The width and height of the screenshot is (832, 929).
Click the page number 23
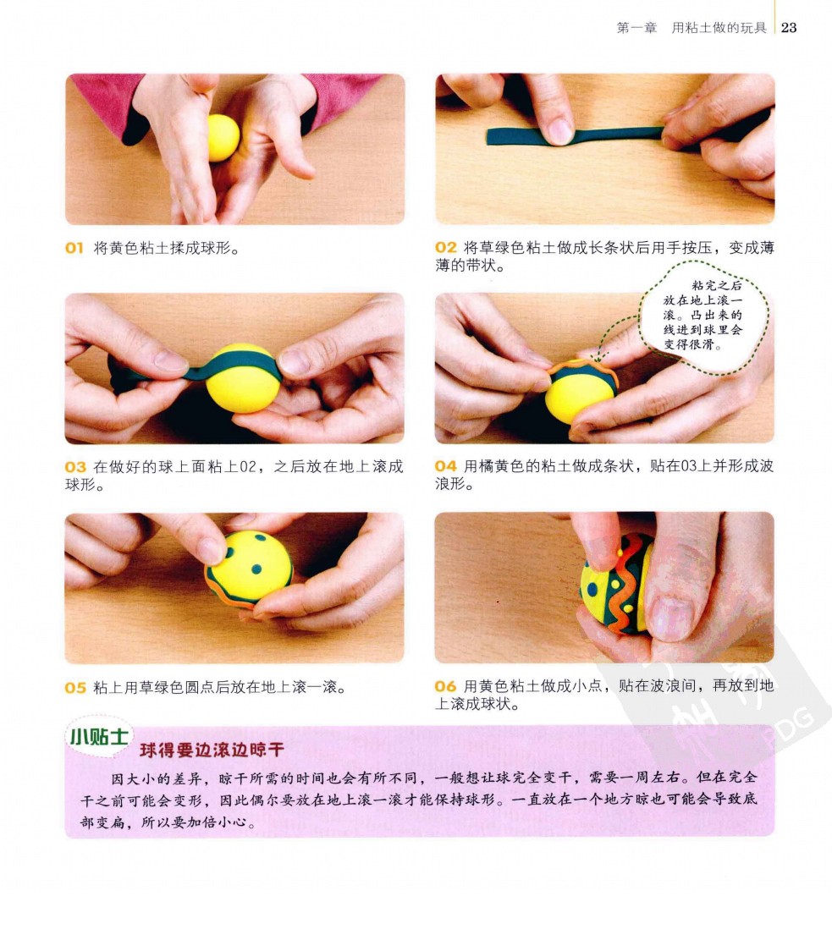(x=789, y=27)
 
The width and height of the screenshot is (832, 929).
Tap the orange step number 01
(x=74, y=248)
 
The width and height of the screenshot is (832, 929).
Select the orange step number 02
(x=446, y=247)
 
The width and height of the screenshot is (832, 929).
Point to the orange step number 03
(x=75, y=467)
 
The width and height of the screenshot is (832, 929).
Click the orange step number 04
(x=446, y=466)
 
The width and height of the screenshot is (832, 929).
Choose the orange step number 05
(x=75, y=687)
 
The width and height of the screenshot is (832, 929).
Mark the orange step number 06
(x=446, y=686)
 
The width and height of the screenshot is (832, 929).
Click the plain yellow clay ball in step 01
(x=223, y=137)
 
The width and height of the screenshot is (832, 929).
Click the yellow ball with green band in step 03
(x=242, y=378)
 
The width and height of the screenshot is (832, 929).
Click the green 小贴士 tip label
(x=98, y=737)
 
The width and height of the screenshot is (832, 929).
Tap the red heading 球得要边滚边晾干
(x=212, y=750)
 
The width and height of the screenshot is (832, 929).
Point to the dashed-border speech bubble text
(x=703, y=315)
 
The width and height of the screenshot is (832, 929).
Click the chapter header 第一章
(x=636, y=28)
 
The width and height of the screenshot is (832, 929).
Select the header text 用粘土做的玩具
(x=719, y=28)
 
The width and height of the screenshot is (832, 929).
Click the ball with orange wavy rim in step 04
(x=581, y=391)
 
